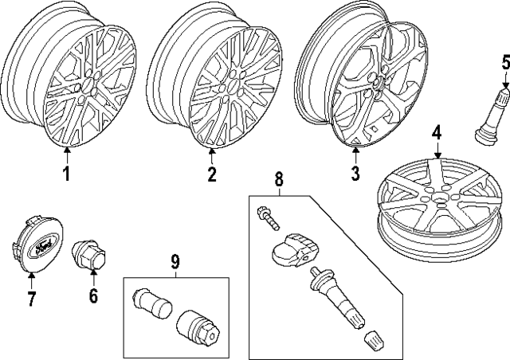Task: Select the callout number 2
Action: point(212,174)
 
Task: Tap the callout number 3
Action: point(355,173)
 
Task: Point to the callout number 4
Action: point(437,132)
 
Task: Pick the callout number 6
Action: point(93,295)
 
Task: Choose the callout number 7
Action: point(32,299)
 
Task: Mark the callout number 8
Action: point(278,181)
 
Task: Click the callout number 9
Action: point(175,260)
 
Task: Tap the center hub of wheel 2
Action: point(235,83)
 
